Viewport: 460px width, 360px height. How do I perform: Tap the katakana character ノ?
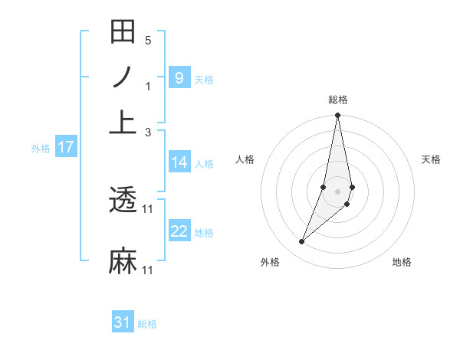pyautogui.click(x=123, y=77)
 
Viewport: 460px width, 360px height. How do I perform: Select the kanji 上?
pyautogui.click(x=123, y=122)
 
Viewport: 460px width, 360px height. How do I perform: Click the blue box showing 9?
pyautogui.click(x=179, y=77)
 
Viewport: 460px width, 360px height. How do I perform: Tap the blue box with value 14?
pyautogui.click(x=179, y=162)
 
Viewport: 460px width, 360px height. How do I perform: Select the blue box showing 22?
pyautogui.click(x=179, y=231)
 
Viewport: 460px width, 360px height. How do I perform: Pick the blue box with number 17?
pyautogui.click(x=65, y=147)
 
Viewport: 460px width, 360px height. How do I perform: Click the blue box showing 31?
pyautogui.click(x=123, y=322)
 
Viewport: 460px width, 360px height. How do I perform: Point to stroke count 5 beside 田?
pyautogui.click(x=148, y=40)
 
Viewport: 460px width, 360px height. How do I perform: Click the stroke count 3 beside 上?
pyautogui.click(x=148, y=132)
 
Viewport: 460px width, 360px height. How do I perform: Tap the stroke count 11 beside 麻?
pyautogui.click(x=148, y=270)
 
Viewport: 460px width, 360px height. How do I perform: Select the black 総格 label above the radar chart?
pyautogui.click(x=338, y=100)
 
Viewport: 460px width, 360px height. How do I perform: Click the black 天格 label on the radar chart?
pyautogui.click(x=432, y=159)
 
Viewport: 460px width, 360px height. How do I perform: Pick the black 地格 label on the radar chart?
pyautogui.click(x=402, y=262)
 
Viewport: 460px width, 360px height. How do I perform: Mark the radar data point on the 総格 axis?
pyautogui.click(x=338, y=116)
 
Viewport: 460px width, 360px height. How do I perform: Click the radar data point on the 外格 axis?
pyautogui.click(x=302, y=242)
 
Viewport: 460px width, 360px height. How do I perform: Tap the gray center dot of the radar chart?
pyautogui.click(x=338, y=191)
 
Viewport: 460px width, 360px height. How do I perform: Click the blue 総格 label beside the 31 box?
pyautogui.click(x=147, y=324)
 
